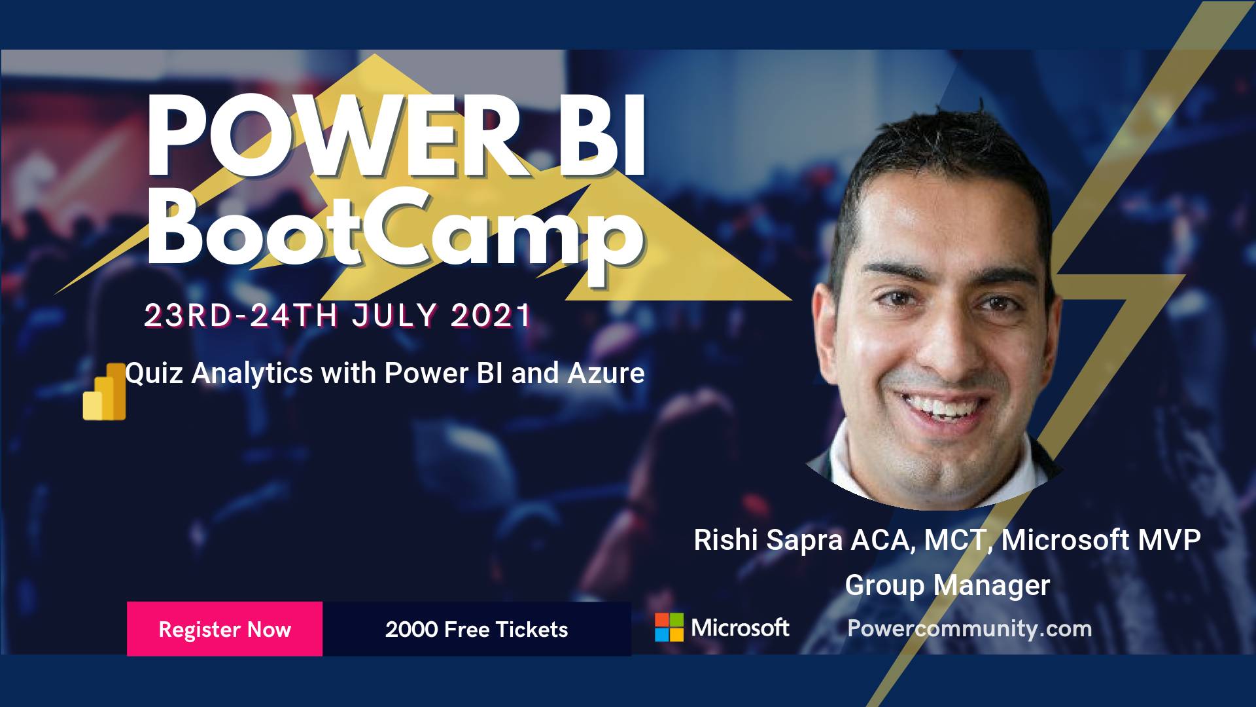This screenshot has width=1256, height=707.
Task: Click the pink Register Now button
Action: click(x=224, y=628)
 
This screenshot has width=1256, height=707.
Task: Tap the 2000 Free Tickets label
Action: click(x=476, y=629)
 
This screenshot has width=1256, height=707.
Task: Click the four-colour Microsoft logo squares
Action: click(x=669, y=627)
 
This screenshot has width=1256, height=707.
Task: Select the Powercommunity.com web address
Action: click(x=969, y=628)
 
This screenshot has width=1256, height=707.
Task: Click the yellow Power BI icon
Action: click(x=105, y=391)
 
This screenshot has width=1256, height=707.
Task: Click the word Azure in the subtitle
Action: click(x=606, y=373)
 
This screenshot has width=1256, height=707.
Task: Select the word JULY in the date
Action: click(x=394, y=316)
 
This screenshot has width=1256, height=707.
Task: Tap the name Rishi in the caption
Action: click(x=726, y=540)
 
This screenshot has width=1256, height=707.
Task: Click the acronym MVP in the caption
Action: click(x=1169, y=540)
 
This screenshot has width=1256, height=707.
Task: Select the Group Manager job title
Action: click(x=947, y=585)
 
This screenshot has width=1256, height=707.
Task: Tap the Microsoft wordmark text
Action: click(x=740, y=628)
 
